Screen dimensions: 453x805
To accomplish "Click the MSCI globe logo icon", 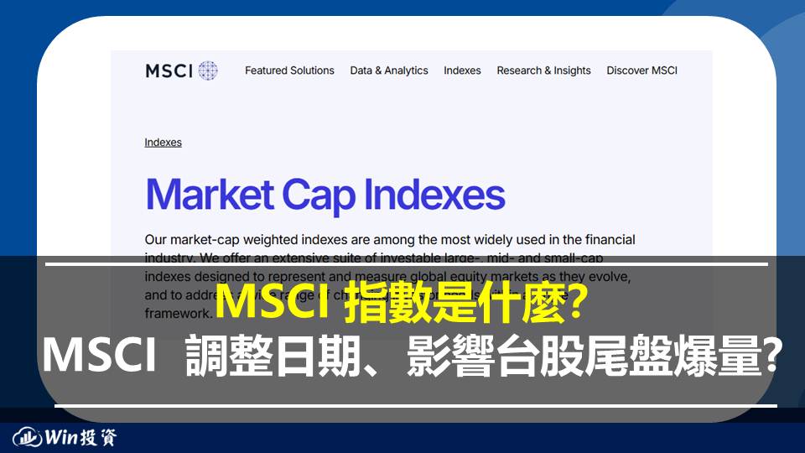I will [x=208, y=70].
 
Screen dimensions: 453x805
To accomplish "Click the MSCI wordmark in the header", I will [x=169, y=70].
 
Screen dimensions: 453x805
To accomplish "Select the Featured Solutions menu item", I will [x=289, y=70].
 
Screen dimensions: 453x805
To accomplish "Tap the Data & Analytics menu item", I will [x=389, y=70].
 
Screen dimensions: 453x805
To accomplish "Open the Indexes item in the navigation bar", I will [x=462, y=70].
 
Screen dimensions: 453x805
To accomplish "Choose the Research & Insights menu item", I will [x=543, y=70].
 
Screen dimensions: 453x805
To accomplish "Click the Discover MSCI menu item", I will [x=641, y=70].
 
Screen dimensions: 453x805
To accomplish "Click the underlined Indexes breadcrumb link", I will [x=163, y=143].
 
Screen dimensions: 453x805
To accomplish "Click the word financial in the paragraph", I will [x=604, y=240].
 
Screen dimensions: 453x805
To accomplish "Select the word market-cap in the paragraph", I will [x=195, y=240].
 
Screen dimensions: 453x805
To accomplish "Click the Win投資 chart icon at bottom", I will [x=28, y=437].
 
